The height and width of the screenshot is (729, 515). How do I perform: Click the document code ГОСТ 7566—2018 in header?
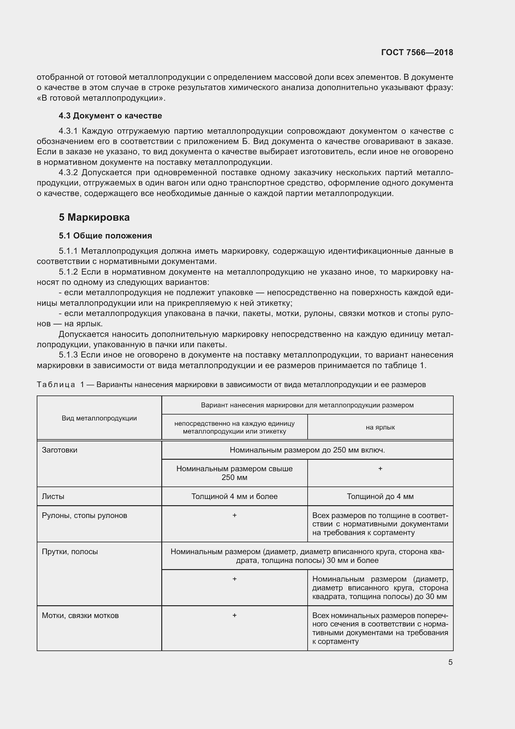tap(417, 52)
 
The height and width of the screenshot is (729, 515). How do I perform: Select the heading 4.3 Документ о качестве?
tap(110, 116)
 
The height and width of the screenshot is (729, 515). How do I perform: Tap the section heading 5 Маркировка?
tap(94, 218)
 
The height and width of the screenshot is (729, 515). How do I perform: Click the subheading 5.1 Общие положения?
tap(105, 236)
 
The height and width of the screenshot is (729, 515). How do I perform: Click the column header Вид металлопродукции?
tap(99, 418)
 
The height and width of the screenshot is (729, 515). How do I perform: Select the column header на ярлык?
tap(380, 427)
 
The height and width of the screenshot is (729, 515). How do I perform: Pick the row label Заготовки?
tap(59, 450)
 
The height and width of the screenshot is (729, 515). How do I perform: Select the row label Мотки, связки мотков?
tap(80, 616)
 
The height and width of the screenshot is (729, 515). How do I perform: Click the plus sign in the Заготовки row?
tap(380, 469)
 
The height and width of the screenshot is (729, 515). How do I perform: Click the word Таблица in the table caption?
tap(56, 385)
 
